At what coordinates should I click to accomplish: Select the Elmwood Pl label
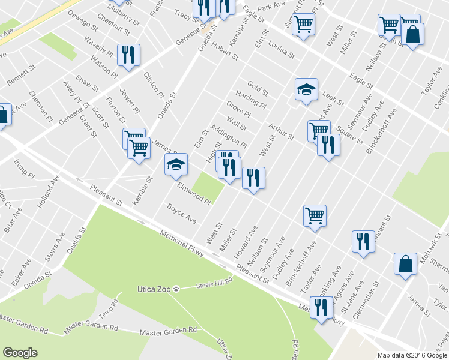pyautogui.click(x=193, y=193)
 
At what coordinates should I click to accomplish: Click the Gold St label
pyautogui.click(x=257, y=88)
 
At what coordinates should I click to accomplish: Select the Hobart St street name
pyautogui.click(x=225, y=52)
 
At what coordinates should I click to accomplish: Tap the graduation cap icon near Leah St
pyautogui.click(x=306, y=89)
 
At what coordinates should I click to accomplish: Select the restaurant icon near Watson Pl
pyautogui.click(x=128, y=55)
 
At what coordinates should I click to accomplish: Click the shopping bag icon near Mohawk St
pyautogui.click(x=405, y=264)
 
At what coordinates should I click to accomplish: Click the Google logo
pyautogui.click(x=20, y=353)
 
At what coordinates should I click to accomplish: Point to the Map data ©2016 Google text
pyautogui.click(x=412, y=355)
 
